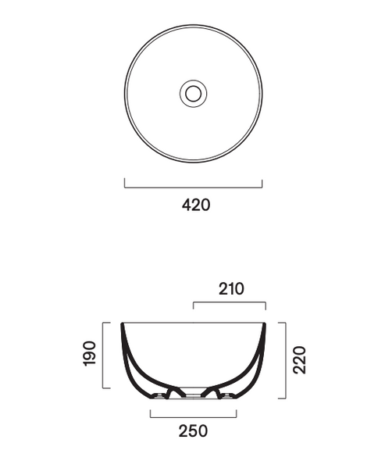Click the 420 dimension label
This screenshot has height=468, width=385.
tap(196, 205)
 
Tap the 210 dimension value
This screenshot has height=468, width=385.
tap(231, 289)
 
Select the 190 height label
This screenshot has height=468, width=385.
tap(89, 354)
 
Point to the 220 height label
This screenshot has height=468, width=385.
tap(299, 360)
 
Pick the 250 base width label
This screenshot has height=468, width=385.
tap(193, 431)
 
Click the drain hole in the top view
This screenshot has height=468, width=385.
tap(193, 94)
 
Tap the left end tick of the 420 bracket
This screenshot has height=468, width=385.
tap(125, 183)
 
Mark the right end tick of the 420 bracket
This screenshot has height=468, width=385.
tap(262, 184)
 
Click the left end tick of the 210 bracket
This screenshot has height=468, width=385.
tap(193, 305)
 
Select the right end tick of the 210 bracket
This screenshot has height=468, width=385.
tap(266, 306)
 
